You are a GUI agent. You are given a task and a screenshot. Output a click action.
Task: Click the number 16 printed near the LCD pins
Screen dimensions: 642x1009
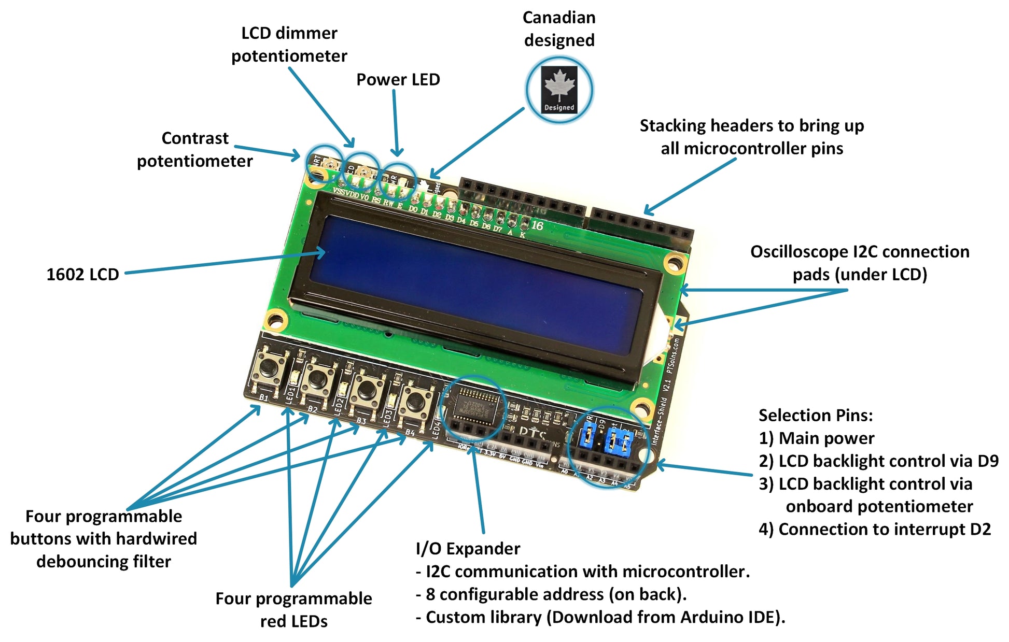[x=537, y=225]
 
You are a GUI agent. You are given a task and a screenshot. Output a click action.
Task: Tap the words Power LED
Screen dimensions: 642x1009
[x=398, y=79]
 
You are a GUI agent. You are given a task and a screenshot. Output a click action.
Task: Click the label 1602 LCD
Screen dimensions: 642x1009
[x=82, y=274]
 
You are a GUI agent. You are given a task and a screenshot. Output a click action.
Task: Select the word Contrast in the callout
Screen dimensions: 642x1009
[x=195, y=138]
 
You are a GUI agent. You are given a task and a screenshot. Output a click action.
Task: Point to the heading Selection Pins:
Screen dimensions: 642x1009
[x=816, y=415]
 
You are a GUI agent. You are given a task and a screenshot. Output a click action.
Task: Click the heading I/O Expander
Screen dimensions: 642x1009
[x=468, y=548]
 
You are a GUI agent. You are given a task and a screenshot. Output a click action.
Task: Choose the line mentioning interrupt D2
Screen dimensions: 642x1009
[x=875, y=529]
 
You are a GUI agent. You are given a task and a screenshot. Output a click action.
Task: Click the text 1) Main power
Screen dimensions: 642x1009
[x=816, y=438]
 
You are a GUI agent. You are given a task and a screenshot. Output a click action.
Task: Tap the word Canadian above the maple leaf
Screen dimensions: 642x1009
[x=559, y=18]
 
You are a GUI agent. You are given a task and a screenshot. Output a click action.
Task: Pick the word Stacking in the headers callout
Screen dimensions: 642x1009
[x=672, y=126]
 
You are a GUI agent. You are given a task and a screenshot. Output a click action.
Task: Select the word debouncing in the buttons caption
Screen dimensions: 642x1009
[x=104, y=561]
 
